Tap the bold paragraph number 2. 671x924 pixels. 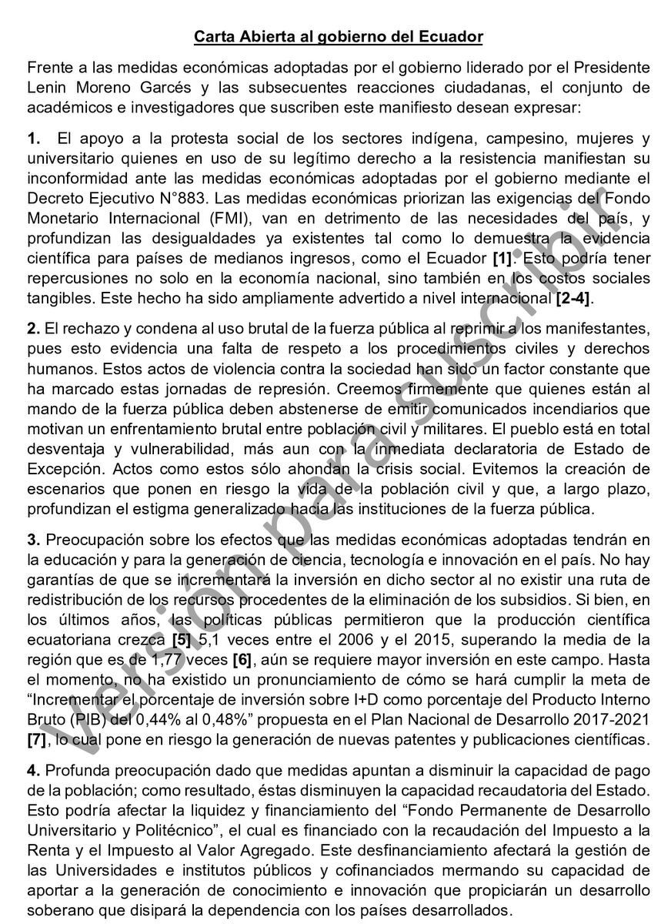[x=32, y=330]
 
